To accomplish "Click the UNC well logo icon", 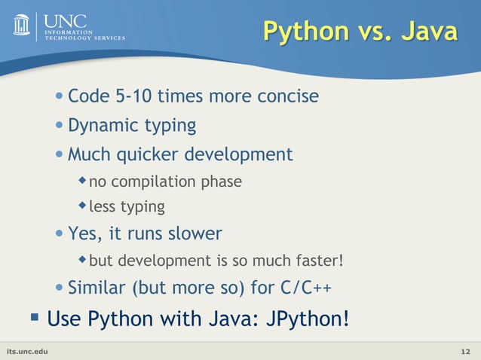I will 21,24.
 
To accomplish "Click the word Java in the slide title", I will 427,32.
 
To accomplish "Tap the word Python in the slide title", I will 305,32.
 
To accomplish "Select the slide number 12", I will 465,352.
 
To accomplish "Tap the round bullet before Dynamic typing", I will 60,126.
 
